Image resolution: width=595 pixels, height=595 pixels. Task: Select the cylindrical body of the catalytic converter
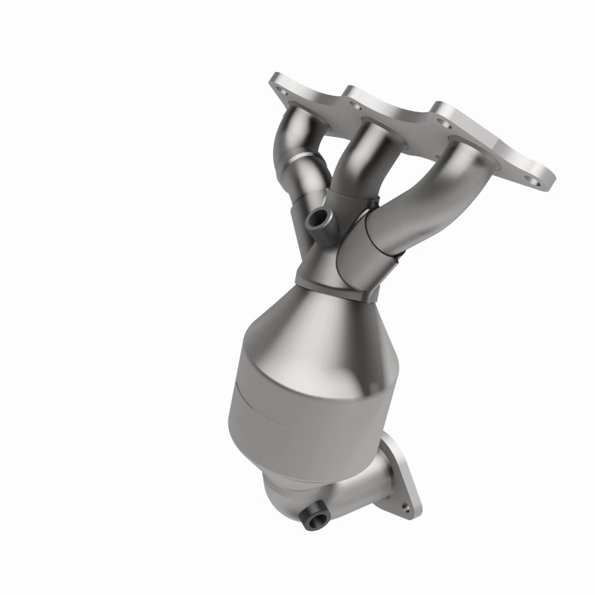pos(297,409)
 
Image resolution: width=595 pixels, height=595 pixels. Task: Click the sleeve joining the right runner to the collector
pos(368,245)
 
